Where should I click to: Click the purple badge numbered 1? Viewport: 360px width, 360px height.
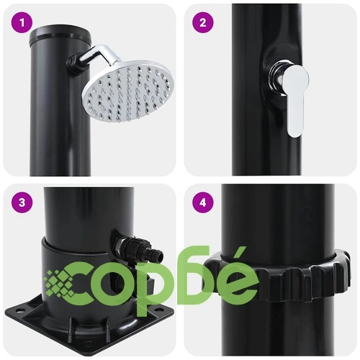click(22, 23)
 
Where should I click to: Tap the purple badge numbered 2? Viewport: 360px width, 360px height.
click(203, 23)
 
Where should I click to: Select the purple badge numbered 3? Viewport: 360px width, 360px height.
click(22, 202)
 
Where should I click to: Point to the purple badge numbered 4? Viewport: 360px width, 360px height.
click(203, 202)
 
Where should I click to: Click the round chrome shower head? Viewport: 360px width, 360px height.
click(128, 91)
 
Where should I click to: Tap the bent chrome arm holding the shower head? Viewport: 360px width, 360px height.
click(96, 55)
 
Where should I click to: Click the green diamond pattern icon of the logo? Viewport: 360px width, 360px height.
click(60, 283)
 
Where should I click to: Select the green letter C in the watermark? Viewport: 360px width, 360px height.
click(88, 284)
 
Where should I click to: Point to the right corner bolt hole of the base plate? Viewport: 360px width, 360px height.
click(157, 310)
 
